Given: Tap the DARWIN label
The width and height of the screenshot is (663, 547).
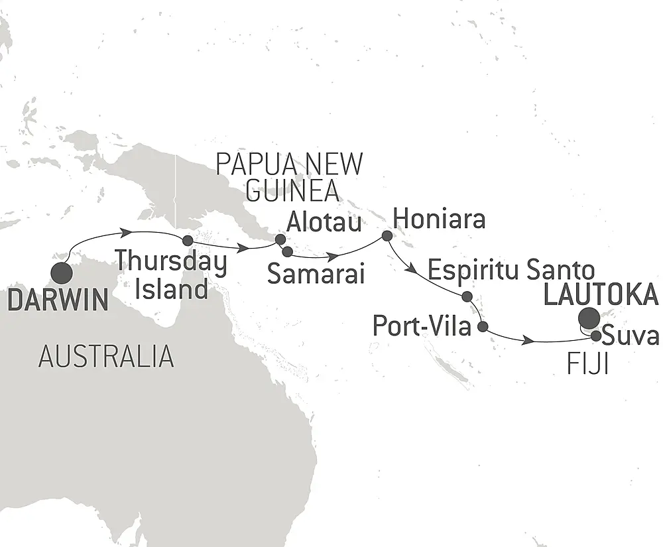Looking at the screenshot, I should click(57, 300).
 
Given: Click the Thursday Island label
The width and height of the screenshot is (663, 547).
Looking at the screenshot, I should click(172, 275).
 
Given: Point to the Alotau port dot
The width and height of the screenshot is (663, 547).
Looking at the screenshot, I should click(280, 239).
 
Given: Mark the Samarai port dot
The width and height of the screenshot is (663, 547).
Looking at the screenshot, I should click(287, 251).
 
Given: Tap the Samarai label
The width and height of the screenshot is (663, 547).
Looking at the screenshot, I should click(316, 274).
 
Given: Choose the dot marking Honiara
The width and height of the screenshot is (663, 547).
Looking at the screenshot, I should click(387, 235).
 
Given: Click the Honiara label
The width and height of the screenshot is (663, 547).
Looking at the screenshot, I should click(439, 219).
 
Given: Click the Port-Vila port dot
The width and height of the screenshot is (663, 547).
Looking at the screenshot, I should click(483, 326).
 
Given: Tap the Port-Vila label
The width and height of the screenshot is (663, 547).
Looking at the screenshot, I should click(423, 327).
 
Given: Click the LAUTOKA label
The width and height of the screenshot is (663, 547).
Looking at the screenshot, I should click(601, 294).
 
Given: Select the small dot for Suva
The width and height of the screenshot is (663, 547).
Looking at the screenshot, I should click(596, 336).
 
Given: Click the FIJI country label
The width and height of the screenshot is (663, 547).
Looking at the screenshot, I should click(587, 364).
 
